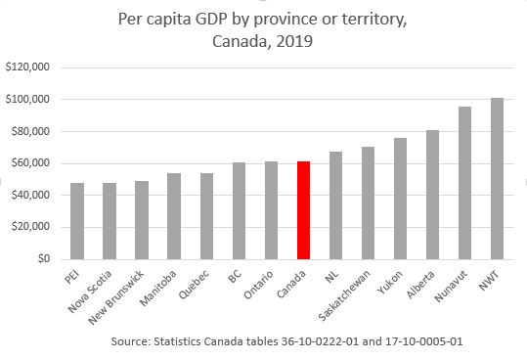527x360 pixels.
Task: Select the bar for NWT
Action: [x=497, y=178]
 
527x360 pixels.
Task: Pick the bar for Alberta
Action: [x=432, y=195]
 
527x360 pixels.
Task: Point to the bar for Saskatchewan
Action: [x=368, y=202]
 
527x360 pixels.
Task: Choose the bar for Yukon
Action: [x=400, y=199]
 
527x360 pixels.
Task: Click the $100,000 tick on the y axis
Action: [x=28, y=100]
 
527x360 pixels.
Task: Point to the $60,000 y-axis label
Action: [x=30, y=163]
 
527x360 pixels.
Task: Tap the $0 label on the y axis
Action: [x=40, y=259]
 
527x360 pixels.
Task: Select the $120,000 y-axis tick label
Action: [x=28, y=67]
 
